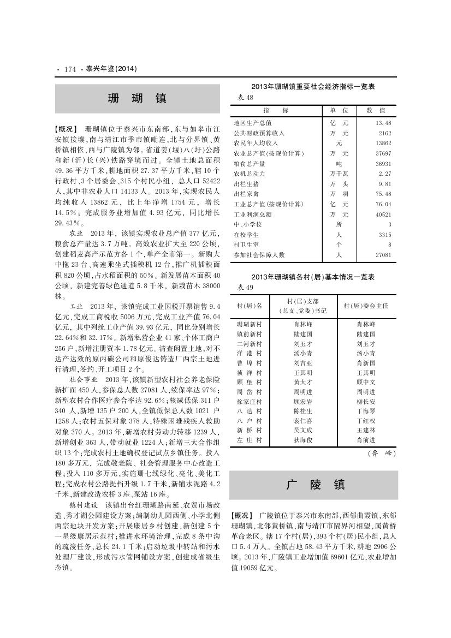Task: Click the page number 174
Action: pyautogui.click(x=69, y=69)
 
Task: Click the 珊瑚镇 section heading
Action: pyautogui.click(x=137, y=98)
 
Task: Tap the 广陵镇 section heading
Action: pyautogui.click(x=315, y=485)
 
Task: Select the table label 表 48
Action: pyautogui.click(x=244, y=97)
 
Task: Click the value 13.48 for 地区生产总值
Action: pyautogui.click(x=384, y=123)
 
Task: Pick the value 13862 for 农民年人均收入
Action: pyautogui.click(x=384, y=143)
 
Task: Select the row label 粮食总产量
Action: pyautogui.click(x=250, y=163)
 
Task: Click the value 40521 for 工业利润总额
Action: pyautogui.click(x=384, y=214)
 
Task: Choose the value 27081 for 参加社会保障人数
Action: pyautogui.click(x=384, y=255)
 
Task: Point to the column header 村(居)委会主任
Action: pyautogui.click(x=366, y=306)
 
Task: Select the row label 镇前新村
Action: pyautogui.click(x=250, y=333)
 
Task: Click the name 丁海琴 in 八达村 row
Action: pyautogui.click(x=366, y=410)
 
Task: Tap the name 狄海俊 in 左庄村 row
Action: pyautogui.click(x=302, y=440)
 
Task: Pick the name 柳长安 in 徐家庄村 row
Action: pyautogui.click(x=366, y=401)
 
